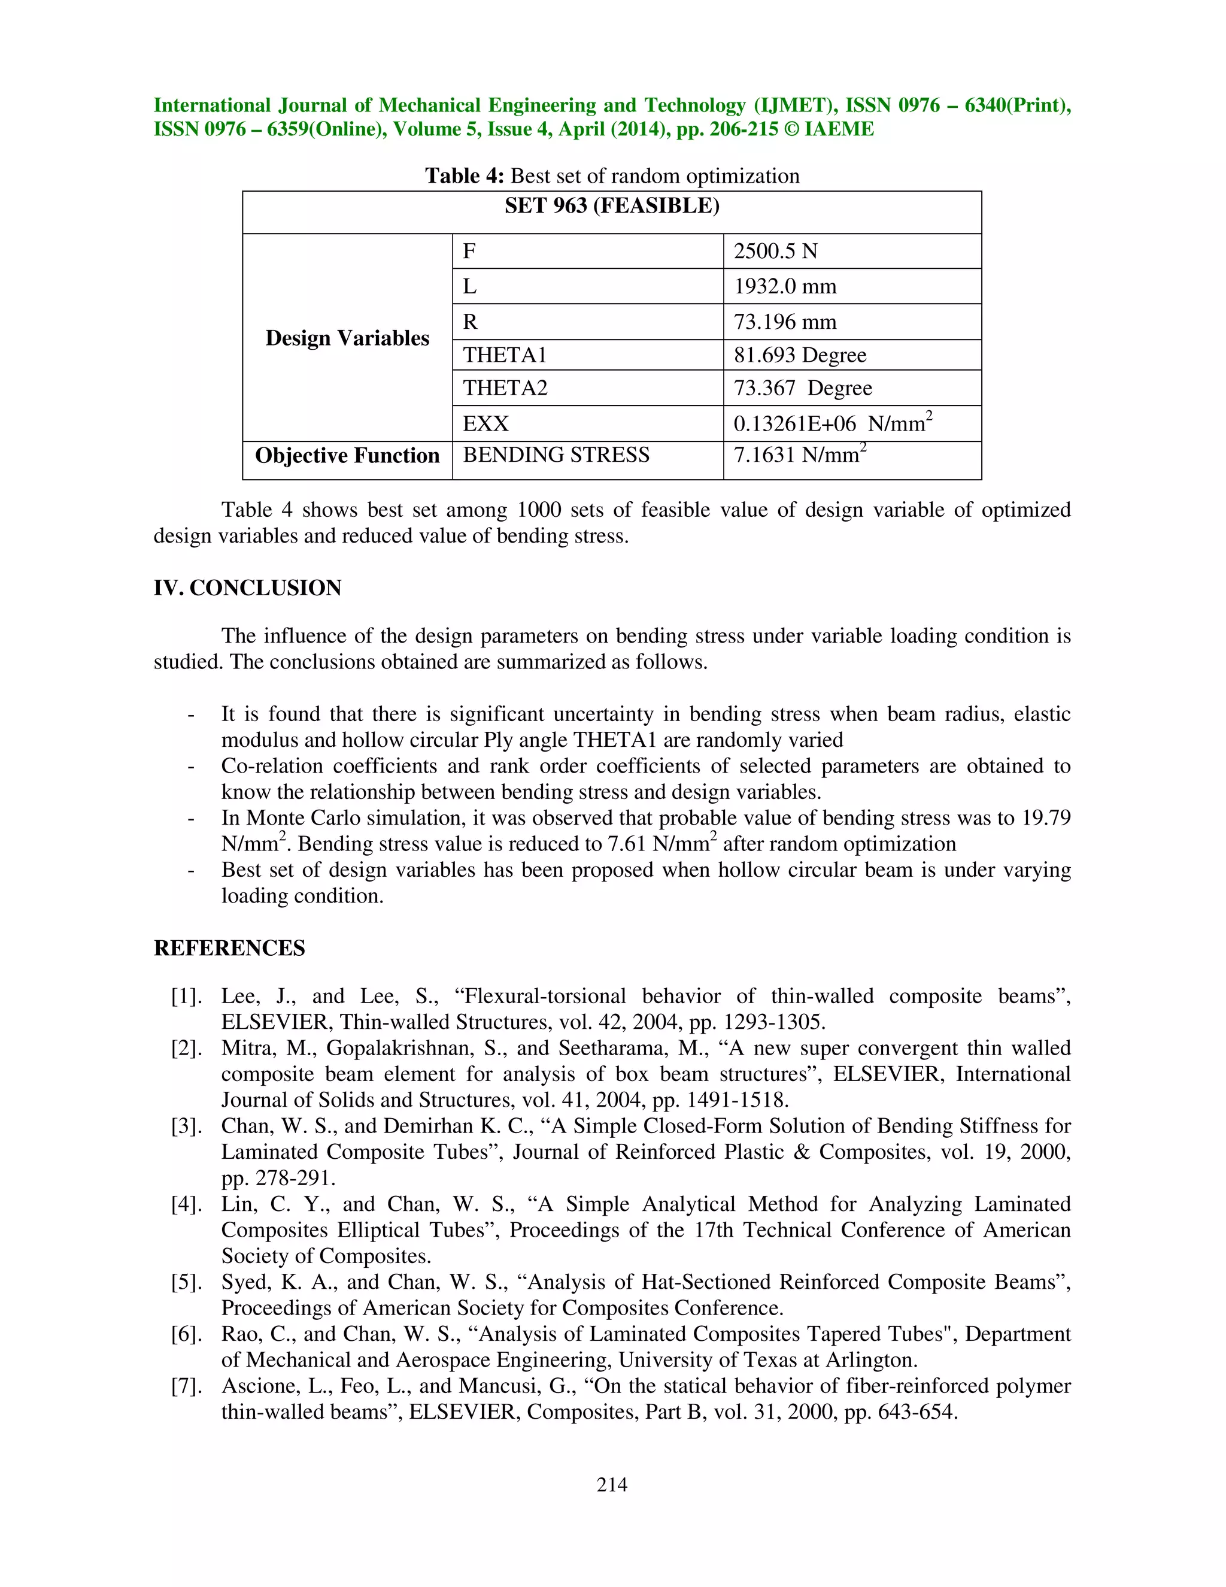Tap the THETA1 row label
[x=505, y=355]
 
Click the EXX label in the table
[x=486, y=423]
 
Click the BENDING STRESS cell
[x=556, y=455]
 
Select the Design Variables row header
[x=347, y=338]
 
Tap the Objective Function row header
[x=347, y=456]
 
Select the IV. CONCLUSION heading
[x=247, y=588]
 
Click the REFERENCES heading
[x=229, y=948]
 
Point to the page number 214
[x=612, y=1485]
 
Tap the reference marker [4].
[x=186, y=1204]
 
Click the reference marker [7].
[x=186, y=1386]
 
